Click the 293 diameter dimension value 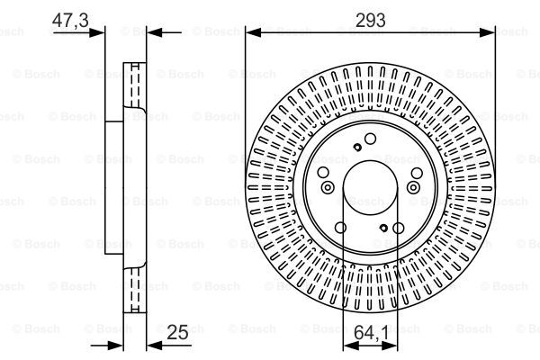pyautogui.click(x=370, y=20)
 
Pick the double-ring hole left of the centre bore pyautogui.click(x=326, y=187)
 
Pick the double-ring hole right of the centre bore pyautogui.click(x=414, y=187)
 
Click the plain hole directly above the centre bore pyautogui.click(x=370, y=137)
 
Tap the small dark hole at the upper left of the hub pyautogui.click(x=357, y=148)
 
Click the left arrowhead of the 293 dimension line pyautogui.click(x=251, y=32)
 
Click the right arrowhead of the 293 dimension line pyautogui.click(x=490, y=32)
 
